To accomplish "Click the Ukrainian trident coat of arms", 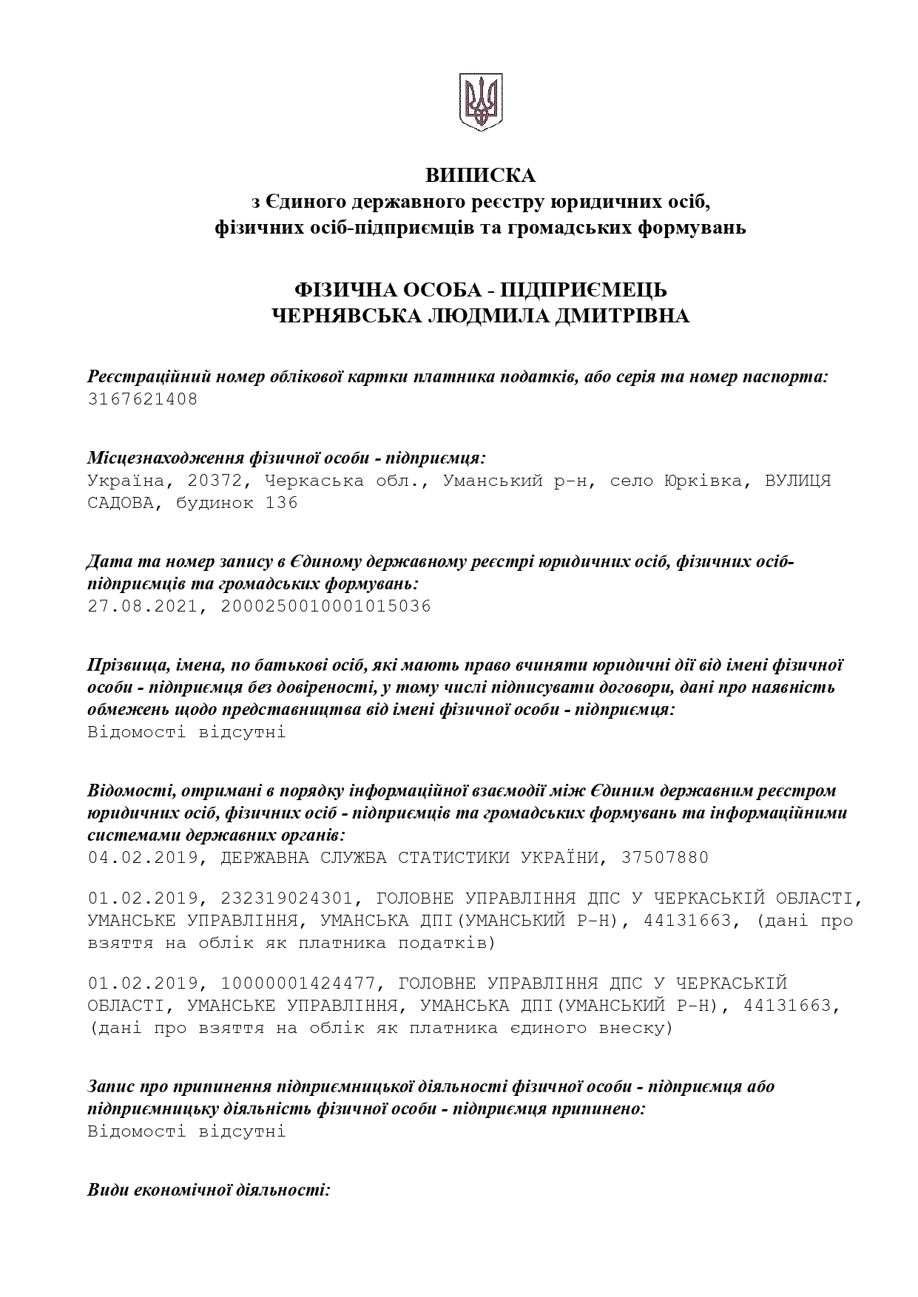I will tap(481, 102).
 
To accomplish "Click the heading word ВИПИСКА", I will tap(480, 176).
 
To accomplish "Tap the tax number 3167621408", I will tap(143, 400).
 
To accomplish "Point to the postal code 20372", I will tap(215, 481).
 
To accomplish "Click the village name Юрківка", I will tap(703, 481).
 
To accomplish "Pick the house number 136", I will tap(282, 504).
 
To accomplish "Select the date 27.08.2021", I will tap(143, 607).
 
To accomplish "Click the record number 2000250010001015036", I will tap(325, 607).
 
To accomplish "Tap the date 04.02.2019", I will tap(143, 859).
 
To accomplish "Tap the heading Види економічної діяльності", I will tap(209, 1191).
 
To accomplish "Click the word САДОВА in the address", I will tap(121, 504).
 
